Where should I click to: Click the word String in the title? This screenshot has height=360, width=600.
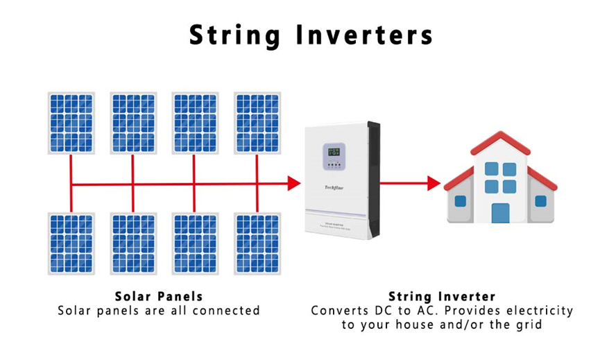(x=232, y=35)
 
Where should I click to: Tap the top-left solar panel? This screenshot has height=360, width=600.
(x=71, y=122)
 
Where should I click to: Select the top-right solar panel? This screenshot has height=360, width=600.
(x=257, y=122)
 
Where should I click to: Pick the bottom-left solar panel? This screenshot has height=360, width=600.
(x=71, y=243)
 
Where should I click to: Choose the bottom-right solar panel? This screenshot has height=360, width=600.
(x=257, y=243)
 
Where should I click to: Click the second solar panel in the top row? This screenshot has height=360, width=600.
(x=133, y=122)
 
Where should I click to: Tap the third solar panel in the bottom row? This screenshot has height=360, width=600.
(x=195, y=243)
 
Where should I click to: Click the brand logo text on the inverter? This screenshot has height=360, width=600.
(x=335, y=185)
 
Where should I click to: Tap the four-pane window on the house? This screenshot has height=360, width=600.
(x=500, y=178)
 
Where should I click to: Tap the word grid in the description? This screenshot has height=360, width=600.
(x=528, y=324)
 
